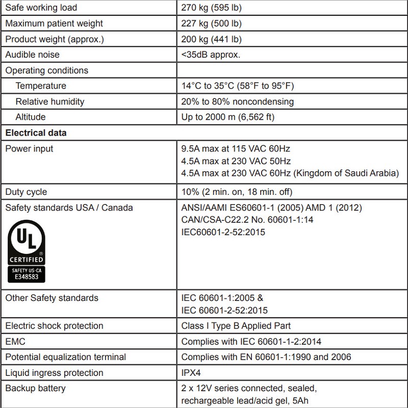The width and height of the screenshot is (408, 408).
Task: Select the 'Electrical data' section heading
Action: coord(36,133)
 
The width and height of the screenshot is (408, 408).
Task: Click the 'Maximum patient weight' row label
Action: coord(54,23)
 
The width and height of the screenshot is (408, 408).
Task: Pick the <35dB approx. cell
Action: coord(211,55)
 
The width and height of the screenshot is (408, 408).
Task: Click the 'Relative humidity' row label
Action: coord(49,101)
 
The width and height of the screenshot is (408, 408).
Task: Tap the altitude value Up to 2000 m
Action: coord(228,117)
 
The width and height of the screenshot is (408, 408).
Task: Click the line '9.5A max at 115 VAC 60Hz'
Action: coord(236,149)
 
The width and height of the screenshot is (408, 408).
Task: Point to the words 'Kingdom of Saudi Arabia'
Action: coord(345,173)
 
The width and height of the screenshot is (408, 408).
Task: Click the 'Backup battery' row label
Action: coord(35,389)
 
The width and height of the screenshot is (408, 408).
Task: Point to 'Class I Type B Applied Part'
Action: coord(236,326)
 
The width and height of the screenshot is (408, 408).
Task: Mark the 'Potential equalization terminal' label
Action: coord(65,357)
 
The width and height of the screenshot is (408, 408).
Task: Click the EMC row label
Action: coord(15,341)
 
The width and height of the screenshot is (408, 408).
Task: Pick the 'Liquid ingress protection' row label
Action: coord(54,373)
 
